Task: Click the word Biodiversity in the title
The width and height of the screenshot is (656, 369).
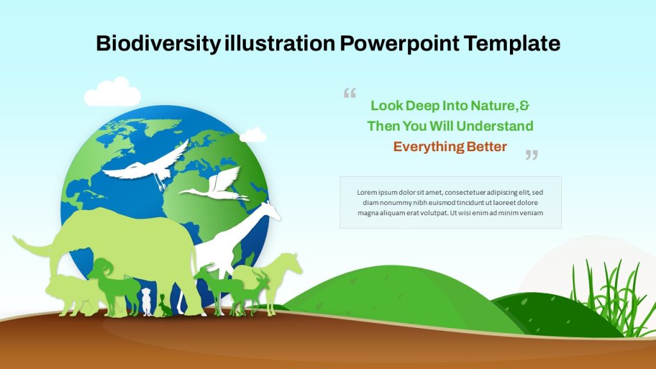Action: click(158, 44)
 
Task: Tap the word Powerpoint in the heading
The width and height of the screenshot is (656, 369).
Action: click(399, 44)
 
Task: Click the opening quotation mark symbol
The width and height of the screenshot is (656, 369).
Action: click(350, 92)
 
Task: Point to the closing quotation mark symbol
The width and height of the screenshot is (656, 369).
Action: click(532, 155)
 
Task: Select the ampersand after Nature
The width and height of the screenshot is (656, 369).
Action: click(524, 106)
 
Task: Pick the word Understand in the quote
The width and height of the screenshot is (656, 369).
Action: click(495, 126)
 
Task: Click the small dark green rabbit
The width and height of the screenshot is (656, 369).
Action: click(165, 306)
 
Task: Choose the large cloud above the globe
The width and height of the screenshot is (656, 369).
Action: click(113, 92)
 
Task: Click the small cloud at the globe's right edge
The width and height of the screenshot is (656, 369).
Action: click(252, 135)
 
